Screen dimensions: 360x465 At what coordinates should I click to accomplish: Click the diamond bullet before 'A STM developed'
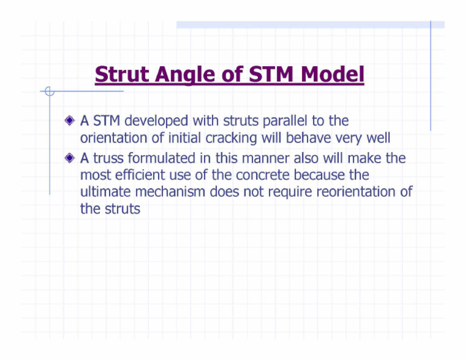point(71,122)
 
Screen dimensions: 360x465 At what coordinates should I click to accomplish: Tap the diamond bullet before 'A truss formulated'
point(71,159)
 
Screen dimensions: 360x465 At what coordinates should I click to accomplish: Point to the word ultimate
point(104,193)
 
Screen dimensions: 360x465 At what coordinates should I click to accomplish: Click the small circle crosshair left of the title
point(50,92)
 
